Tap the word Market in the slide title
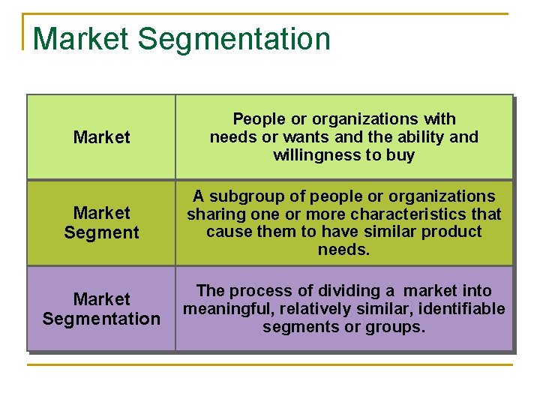point(81,39)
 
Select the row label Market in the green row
point(102,137)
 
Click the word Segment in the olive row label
point(102,232)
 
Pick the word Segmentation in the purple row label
point(102,319)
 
